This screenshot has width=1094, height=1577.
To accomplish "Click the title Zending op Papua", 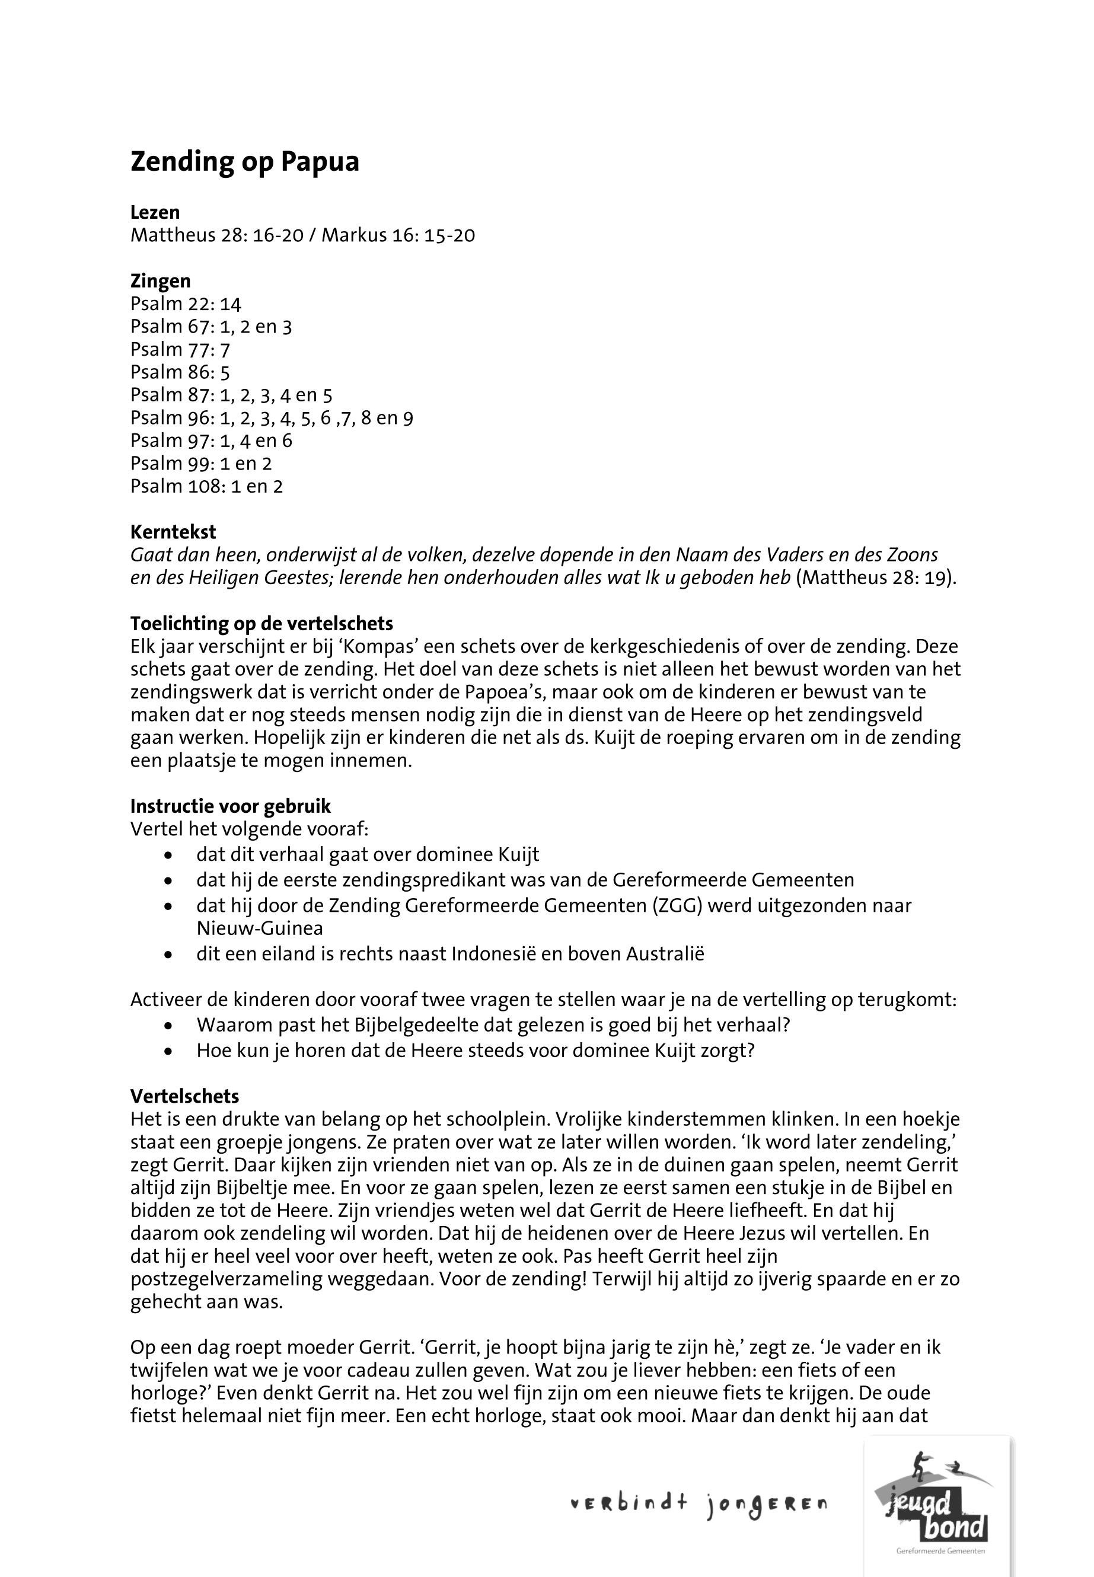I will click(x=245, y=162).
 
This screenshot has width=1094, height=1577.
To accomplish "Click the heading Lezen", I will click(x=155, y=212).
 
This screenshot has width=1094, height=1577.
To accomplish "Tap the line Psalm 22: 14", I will click(x=186, y=304).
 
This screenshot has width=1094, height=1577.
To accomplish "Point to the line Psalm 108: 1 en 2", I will click(x=206, y=486).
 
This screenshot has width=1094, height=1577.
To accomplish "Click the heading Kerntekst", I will click(x=173, y=532).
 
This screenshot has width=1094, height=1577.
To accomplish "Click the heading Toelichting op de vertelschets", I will click(x=262, y=623).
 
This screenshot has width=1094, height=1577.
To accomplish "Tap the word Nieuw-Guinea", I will click(x=260, y=928).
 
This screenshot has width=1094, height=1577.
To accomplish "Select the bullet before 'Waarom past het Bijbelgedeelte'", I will click(x=168, y=1026).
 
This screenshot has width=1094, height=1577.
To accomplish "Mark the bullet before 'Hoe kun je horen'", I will click(x=168, y=1051).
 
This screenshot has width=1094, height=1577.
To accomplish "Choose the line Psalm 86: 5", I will click(x=180, y=372).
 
